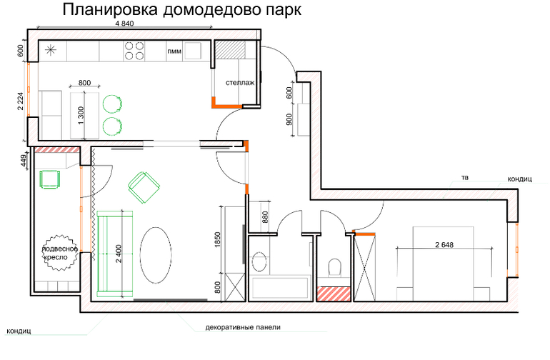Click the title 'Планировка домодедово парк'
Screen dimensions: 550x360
click(181, 10)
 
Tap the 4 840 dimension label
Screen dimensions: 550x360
click(124, 24)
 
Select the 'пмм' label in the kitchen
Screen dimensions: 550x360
click(174, 51)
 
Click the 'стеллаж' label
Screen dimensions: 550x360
click(240, 83)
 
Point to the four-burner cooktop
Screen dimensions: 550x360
click(134, 51)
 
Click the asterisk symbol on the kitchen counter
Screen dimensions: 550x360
click(51, 50)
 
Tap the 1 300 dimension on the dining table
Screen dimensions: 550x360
click(81, 116)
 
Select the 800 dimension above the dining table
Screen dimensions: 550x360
click(84, 83)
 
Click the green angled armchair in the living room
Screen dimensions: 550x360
click(144, 187)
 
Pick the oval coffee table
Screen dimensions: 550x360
click(156, 255)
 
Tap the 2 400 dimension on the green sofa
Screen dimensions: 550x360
click(119, 254)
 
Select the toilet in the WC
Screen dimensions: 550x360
click(334, 267)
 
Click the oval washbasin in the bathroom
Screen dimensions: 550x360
click(259, 261)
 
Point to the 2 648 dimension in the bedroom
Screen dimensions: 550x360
click(444, 244)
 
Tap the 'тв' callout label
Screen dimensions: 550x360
click(465, 178)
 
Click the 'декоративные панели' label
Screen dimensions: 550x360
click(243, 327)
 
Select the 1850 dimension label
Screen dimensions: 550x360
click(217, 240)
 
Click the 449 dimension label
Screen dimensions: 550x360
click(24, 162)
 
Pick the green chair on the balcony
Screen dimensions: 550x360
click(49, 179)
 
